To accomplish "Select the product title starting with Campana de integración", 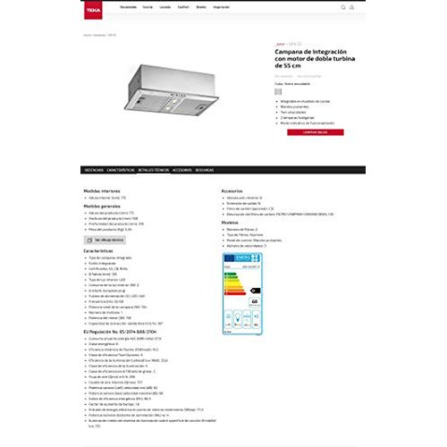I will click(x=304, y=60).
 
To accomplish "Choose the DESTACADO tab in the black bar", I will click(x=93, y=170).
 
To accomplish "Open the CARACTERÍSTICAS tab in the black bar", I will click(x=121, y=170).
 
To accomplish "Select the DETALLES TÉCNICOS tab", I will click(x=154, y=170).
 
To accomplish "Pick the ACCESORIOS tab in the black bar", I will click(x=181, y=170).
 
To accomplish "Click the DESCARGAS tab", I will click(x=205, y=170).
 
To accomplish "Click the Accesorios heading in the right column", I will click(x=232, y=190).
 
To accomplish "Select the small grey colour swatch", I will click(x=277, y=90).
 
